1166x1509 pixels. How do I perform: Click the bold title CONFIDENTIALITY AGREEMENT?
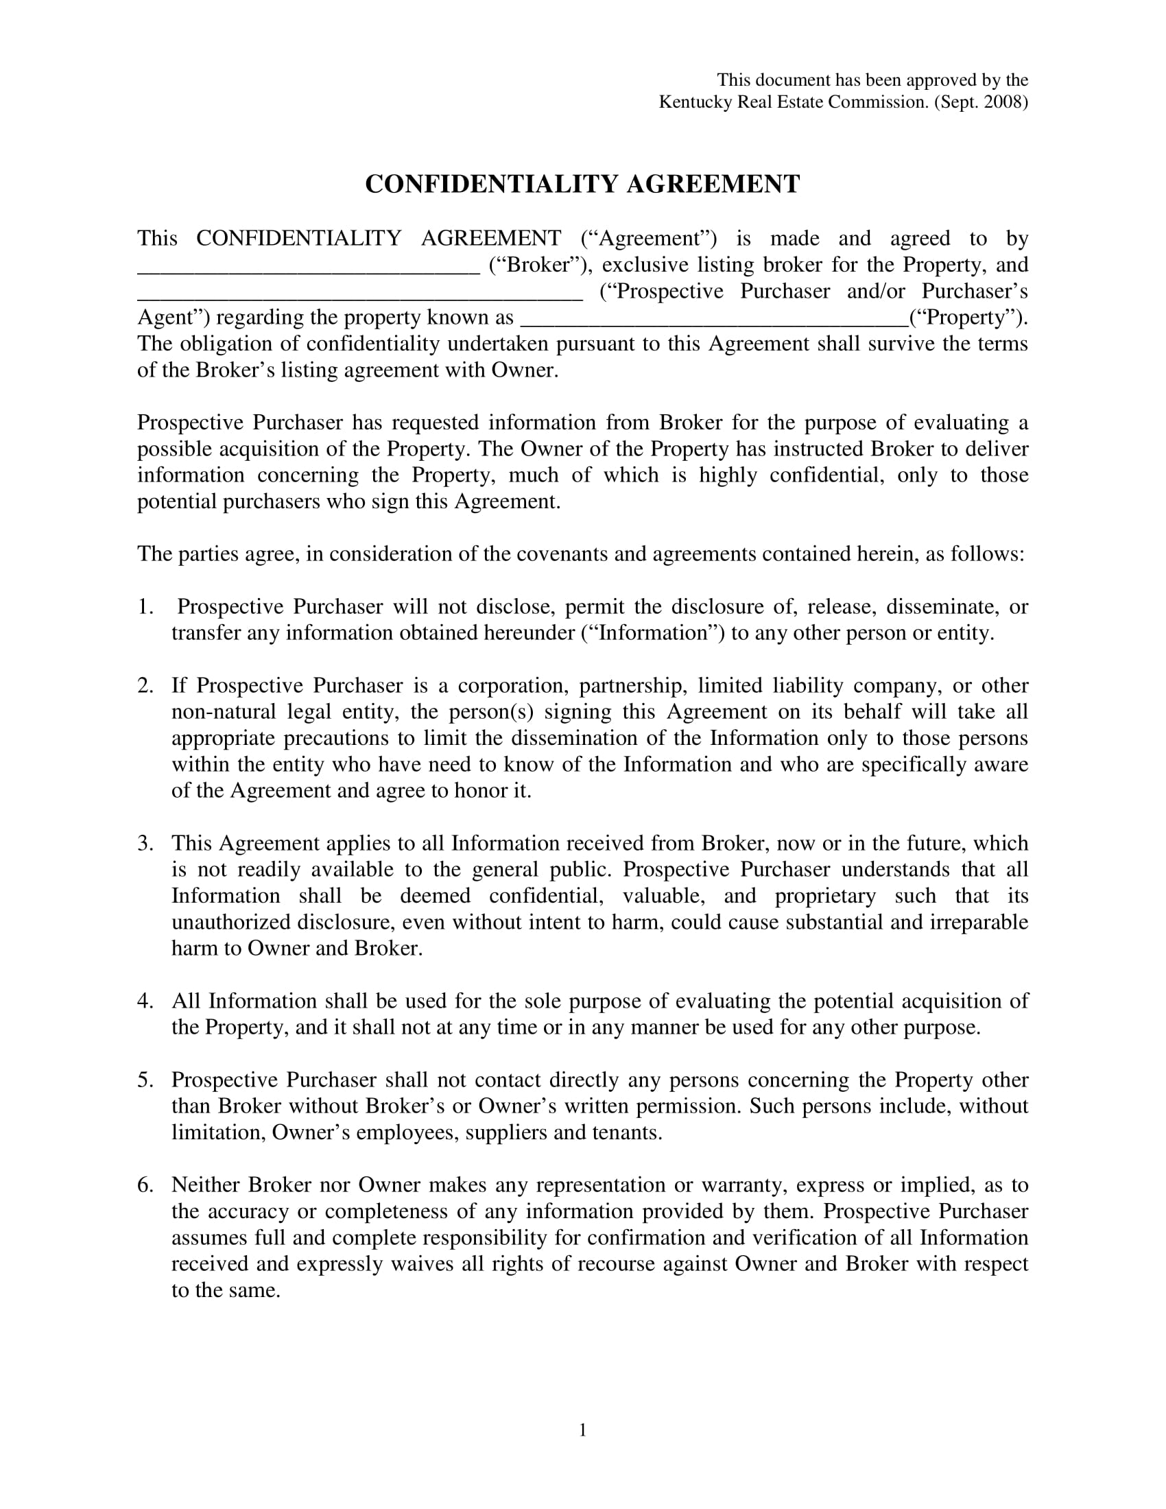coord(582,185)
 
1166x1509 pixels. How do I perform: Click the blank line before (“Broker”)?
coord(309,270)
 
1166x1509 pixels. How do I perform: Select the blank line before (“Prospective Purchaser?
coord(360,296)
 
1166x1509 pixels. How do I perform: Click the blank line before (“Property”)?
coord(713,322)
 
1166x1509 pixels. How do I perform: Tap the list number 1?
coord(144,607)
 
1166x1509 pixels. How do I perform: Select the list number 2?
coord(144,686)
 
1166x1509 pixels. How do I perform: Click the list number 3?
coord(144,844)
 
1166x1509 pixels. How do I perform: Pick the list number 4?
coord(144,1001)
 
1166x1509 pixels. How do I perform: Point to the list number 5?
coord(144,1080)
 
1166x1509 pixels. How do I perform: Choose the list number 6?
coord(144,1185)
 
